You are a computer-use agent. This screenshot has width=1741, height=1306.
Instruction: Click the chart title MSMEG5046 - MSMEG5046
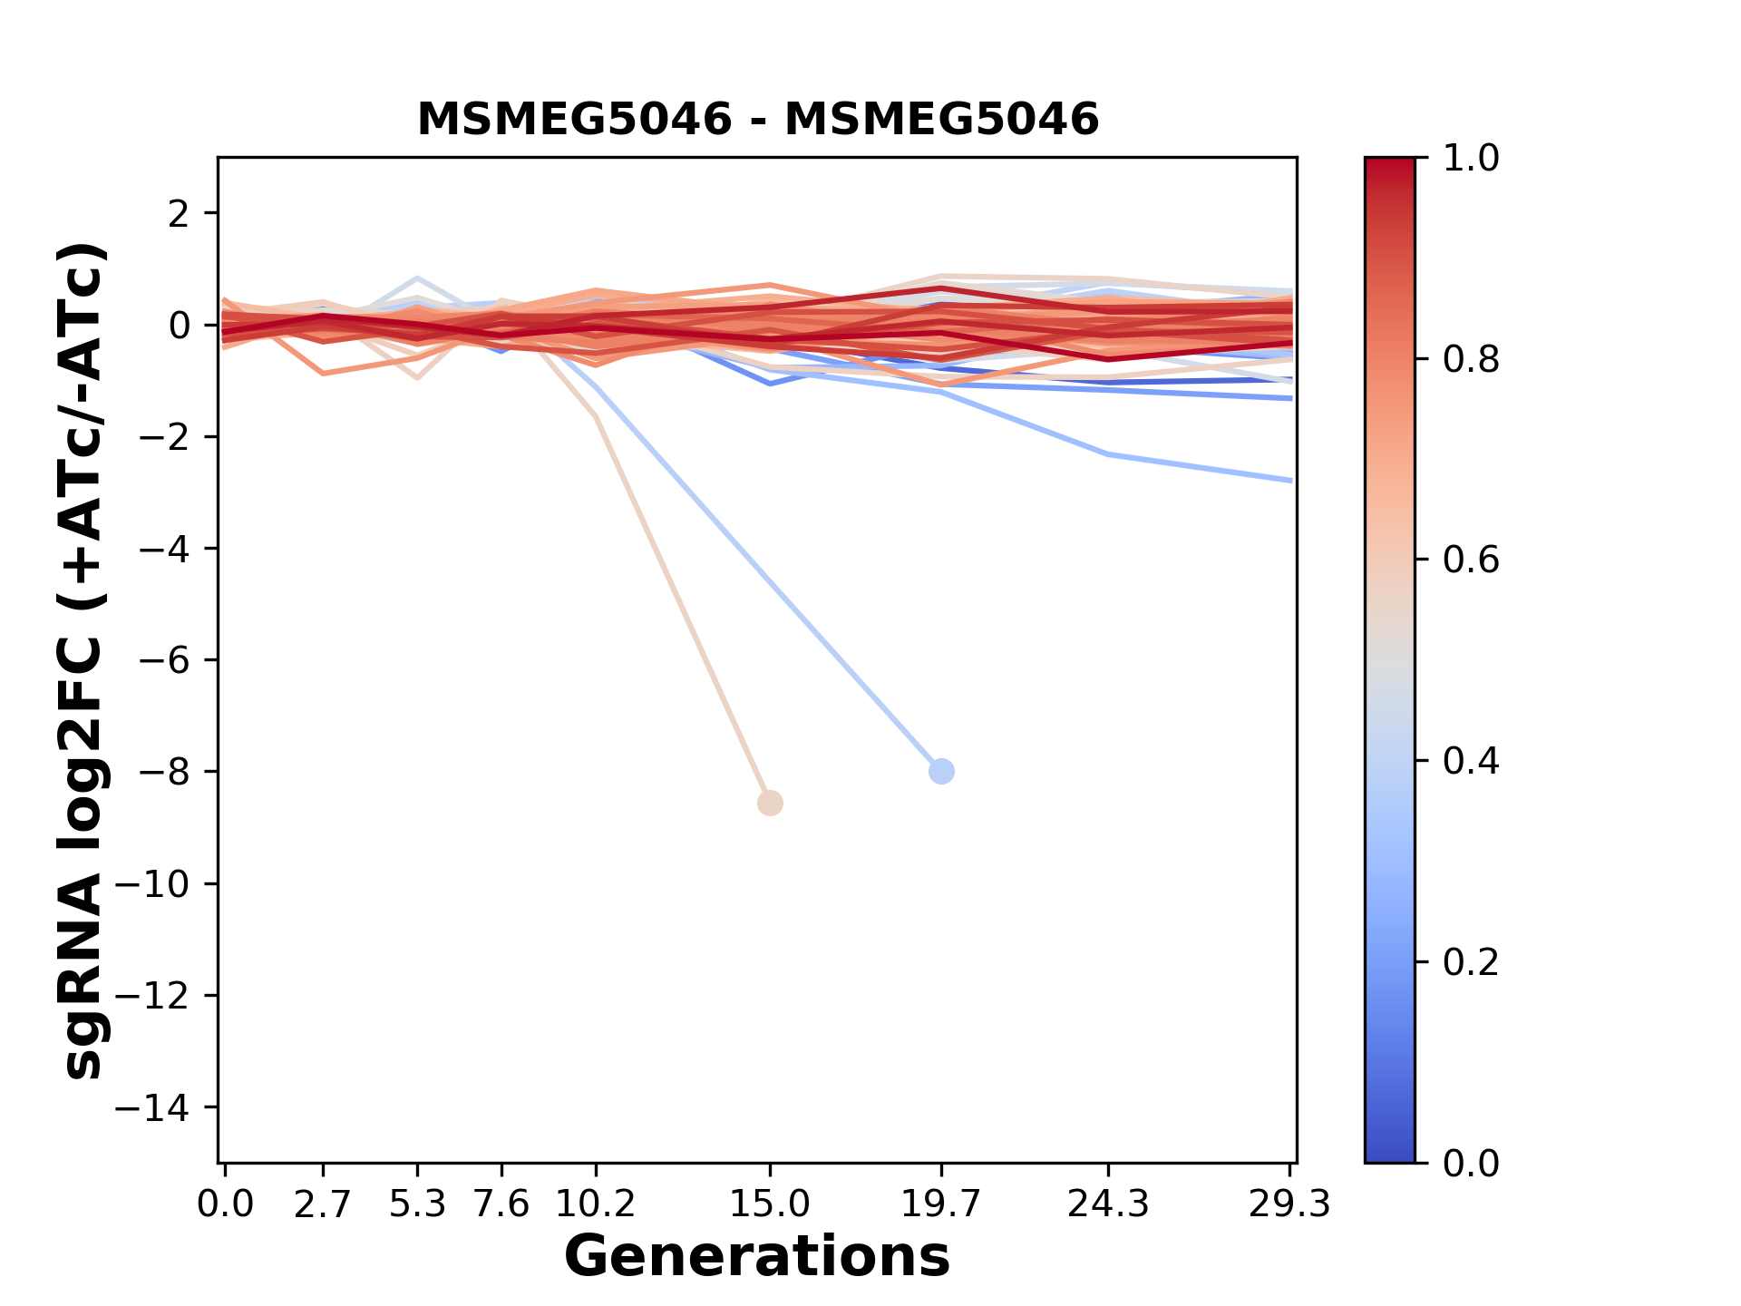(757, 119)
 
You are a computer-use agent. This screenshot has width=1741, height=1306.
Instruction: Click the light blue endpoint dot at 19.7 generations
(941, 772)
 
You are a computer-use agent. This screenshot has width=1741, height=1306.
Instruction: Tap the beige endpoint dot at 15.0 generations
(770, 804)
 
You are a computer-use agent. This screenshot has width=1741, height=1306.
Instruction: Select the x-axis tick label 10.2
(595, 1204)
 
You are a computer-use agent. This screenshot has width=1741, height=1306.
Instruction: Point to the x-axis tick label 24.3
(1107, 1204)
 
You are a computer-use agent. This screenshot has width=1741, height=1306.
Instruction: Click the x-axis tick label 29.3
(1289, 1204)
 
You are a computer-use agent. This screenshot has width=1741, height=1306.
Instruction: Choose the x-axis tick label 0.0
(226, 1204)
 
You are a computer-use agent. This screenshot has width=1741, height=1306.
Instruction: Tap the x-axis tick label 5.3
(417, 1204)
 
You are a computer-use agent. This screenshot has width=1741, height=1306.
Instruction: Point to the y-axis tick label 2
(180, 213)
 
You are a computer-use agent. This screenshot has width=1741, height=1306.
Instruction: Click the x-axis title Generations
(757, 1257)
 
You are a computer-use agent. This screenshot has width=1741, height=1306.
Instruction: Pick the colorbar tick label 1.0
(1471, 159)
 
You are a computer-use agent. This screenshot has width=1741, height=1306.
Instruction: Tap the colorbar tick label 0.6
(1471, 560)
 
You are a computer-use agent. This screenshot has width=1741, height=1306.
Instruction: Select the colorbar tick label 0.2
(1471, 962)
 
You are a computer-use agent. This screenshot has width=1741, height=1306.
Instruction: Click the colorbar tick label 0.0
(1471, 1163)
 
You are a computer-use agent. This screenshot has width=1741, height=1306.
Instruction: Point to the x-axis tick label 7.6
(501, 1204)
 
